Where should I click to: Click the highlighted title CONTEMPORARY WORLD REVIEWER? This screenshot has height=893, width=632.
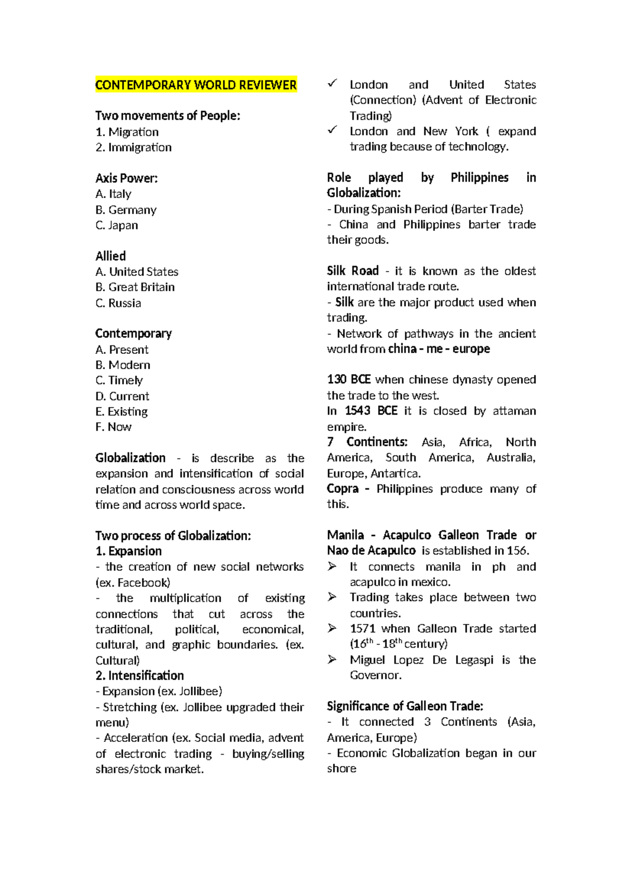196,85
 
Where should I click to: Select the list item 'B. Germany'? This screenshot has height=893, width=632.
126,210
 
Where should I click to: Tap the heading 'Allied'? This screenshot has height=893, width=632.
111,256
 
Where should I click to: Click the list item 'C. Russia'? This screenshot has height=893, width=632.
118,303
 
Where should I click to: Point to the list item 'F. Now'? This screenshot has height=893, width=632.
113,426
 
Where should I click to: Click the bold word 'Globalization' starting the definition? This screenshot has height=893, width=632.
130,458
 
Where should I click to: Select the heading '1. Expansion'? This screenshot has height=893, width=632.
129,551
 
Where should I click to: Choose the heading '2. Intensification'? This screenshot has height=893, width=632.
140,675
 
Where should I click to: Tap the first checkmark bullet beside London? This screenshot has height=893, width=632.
332,83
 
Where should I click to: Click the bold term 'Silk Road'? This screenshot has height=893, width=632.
353,271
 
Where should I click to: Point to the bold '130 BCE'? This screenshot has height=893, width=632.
349,379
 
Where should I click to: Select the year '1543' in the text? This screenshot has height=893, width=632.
358,410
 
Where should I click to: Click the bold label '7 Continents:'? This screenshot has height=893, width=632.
367,442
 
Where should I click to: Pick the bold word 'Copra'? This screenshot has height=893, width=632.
342,488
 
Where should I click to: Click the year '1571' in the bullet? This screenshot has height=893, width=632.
362,628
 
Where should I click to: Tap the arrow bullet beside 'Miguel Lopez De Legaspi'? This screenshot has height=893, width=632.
332,659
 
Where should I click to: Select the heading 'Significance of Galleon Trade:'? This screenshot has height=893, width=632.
405,706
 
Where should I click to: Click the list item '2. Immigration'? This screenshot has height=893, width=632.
134,147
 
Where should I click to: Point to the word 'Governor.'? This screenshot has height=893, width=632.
376,675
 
